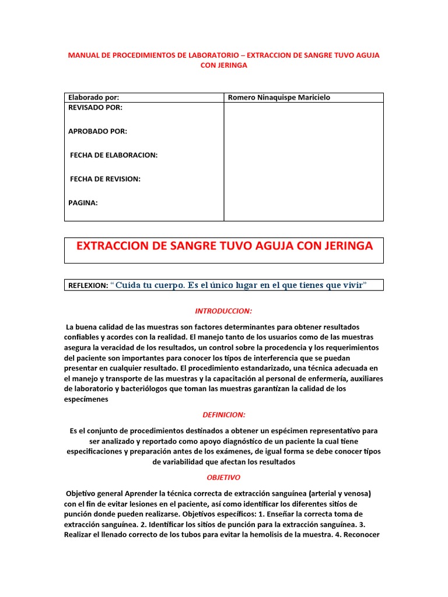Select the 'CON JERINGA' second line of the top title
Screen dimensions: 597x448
[224, 65]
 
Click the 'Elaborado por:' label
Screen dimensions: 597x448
[93, 97]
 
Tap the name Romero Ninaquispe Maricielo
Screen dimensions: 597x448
[279, 97]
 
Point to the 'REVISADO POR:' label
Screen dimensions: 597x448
[96, 108]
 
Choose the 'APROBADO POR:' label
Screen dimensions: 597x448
[97, 131]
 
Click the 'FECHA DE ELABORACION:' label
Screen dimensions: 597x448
[113, 155]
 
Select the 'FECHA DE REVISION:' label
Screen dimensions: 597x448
[105, 179]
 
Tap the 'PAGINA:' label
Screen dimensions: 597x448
[83, 203]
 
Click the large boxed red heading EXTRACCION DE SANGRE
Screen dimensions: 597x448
[224, 246]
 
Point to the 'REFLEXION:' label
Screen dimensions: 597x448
[87, 286]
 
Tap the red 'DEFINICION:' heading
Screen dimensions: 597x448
[224, 415]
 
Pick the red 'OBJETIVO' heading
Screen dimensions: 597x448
[223, 477]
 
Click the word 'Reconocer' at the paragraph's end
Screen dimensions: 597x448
[362, 535]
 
